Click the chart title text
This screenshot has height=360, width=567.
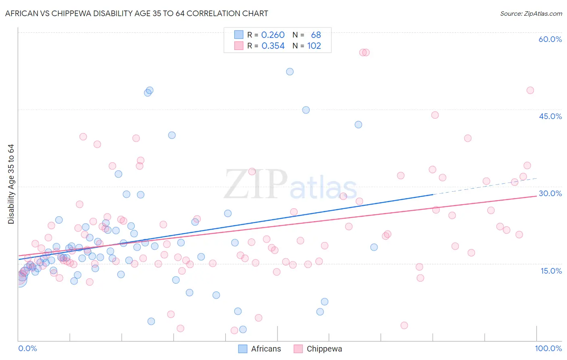136,13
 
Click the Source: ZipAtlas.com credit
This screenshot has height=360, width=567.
531,13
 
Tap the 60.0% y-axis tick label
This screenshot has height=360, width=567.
550,39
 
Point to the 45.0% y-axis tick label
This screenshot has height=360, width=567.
550,116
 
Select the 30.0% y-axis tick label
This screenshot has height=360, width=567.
550,193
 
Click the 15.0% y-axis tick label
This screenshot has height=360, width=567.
551,271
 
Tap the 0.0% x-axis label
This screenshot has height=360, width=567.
27,348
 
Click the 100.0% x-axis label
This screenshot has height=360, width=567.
548,348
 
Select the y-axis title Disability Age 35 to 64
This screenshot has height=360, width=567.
11,184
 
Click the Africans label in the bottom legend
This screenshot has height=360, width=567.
266,349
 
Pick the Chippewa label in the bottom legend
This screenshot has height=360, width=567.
324,349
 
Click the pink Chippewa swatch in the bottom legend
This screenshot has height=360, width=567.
298,349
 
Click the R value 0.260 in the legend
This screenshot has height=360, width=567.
273,35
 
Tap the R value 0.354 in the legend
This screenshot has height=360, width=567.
273,46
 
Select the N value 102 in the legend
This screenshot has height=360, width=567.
314,46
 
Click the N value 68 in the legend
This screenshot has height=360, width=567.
316,35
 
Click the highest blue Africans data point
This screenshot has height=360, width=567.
290,71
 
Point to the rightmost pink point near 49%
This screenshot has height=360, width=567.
530,90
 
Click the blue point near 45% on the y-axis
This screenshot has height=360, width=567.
306,110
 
